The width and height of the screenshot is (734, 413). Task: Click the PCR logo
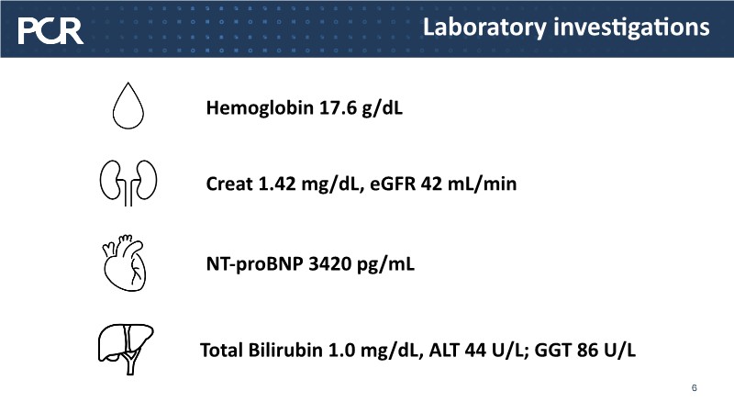coord(50,31)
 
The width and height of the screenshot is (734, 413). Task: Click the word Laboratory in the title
coord(484,28)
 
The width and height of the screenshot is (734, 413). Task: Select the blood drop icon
coord(128,106)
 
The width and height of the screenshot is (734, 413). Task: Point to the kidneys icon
coord(128,183)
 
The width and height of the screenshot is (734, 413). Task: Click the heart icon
coord(125,262)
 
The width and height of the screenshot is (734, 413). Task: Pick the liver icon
coord(126,349)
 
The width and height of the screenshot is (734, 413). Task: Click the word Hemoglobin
coord(260,108)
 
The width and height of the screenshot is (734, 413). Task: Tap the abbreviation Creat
coord(228,184)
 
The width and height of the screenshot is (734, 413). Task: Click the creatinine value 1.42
coord(277,184)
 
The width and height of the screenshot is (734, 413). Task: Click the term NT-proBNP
coord(255,264)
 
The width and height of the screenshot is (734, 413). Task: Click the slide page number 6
coord(695,387)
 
